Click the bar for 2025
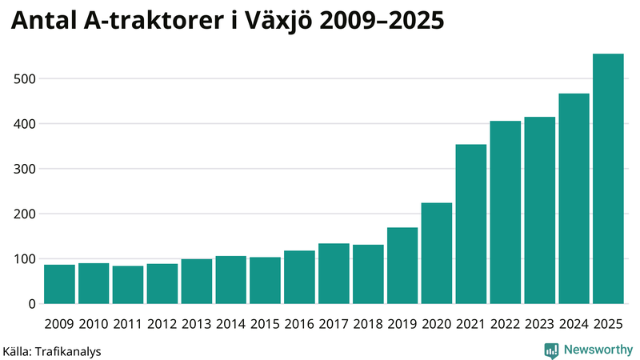click(608, 179)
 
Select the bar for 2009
click(59, 284)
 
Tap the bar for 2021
click(471, 224)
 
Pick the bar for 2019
click(402, 266)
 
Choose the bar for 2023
click(539, 210)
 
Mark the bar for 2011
click(128, 285)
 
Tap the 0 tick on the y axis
click(32, 304)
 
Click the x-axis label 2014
click(230, 324)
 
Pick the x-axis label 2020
click(437, 324)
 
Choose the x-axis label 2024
click(574, 324)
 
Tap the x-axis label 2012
click(162, 324)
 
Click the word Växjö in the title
click(273, 22)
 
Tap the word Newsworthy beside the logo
click(597, 350)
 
